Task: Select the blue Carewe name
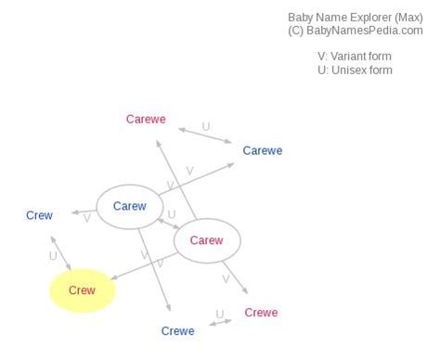click(x=262, y=150)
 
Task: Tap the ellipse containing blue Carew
click(x=129, y=206)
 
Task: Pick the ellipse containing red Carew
click(x=207, y=240)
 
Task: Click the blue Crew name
click(x=39, y=215)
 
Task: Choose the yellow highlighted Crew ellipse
click(x=82, y=290)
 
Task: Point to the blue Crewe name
click(x=177, y=331)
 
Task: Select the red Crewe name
click(x=261, y=313)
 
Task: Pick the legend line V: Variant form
click(x=355, y=56)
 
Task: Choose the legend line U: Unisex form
click(x=355, y=71)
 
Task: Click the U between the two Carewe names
click(x=206, y=126)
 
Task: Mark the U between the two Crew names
click(x=53, y=255)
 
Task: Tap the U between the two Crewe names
click(x=220, y=314)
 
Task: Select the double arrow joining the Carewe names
click(x=206, y=135)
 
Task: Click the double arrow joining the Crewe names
click(x=221, y=322)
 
